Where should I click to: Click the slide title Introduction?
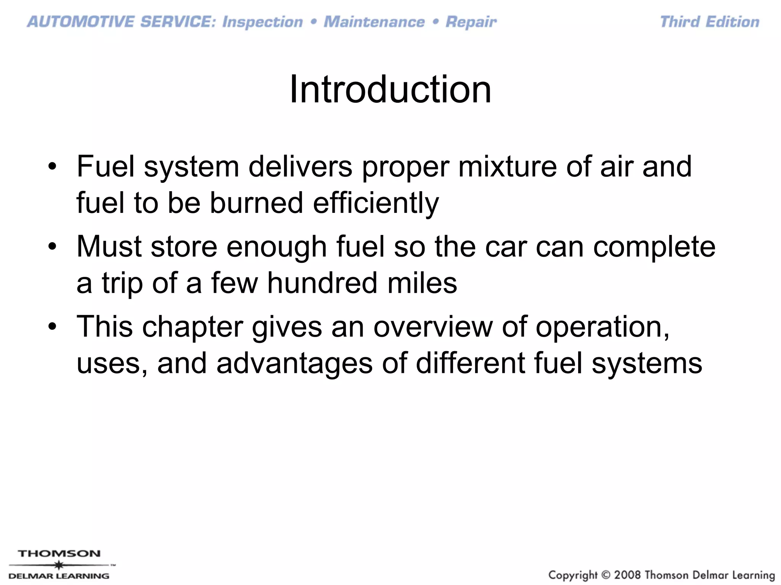coord(390,90)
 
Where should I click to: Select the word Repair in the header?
coord(471,22)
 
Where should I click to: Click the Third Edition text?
coord(710,22)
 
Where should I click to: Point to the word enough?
coord(276,246)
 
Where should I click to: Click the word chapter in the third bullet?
coord(193,326)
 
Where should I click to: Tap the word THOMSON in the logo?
coord(59,553)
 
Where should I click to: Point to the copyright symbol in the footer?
coord(606,575)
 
